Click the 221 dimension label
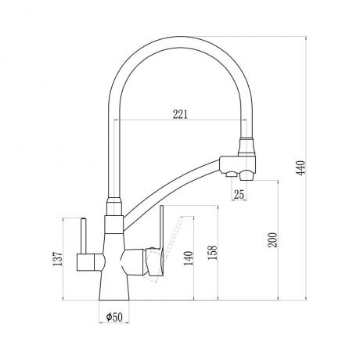click(x=180, y=114)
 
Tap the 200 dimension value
click(x=274, y=239)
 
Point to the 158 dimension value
click(x=213, y=253)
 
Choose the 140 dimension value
click(x=189, y=258)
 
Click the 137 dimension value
click(x=57, y=259)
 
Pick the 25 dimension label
click(x=239, y=194)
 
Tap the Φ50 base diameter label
click(x=114, y=317)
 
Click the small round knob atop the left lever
click(x=84, y=219)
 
